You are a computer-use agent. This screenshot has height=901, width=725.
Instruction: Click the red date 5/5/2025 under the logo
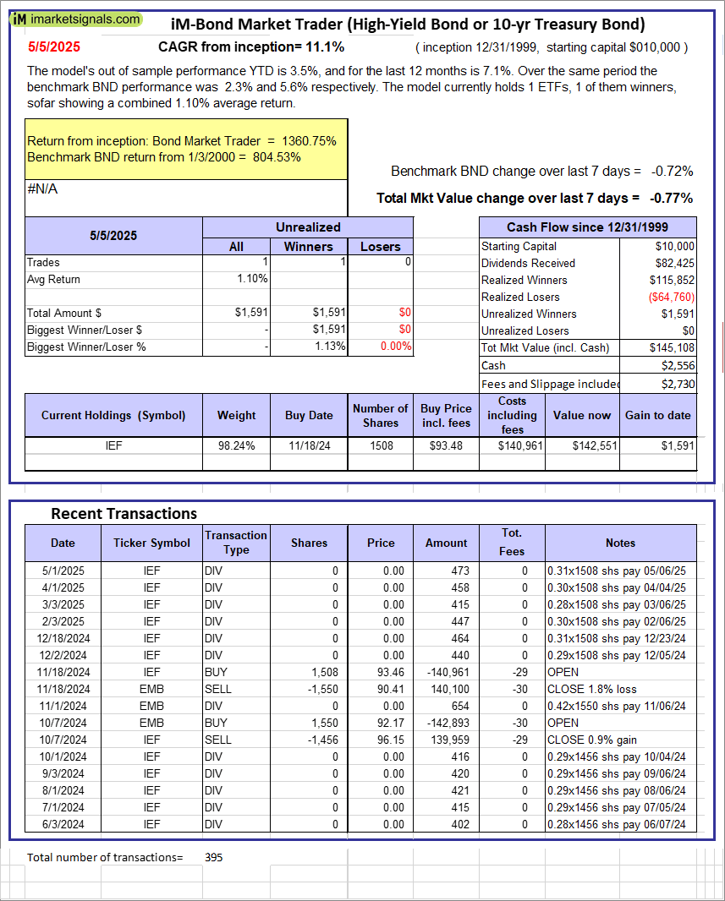[x=53, y=46]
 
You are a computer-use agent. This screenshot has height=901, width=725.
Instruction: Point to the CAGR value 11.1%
[x=326, y=46]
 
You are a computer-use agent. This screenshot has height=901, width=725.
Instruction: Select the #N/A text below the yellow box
[x=42, y=189]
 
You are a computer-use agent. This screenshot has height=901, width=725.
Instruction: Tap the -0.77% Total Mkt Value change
[x=671, y=198]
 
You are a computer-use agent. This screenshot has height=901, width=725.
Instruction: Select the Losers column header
[x=380, y=246]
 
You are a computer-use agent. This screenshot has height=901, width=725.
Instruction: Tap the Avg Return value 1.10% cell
[x=251, y=279]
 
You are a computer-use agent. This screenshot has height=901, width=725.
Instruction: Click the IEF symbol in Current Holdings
[x=113, y=445]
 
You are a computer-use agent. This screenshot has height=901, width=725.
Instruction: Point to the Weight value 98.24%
[x=236, y=445]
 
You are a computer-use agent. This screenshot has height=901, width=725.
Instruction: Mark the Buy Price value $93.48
[x=446, y=445]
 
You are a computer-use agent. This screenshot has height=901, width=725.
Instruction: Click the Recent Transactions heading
[x=124, y=513]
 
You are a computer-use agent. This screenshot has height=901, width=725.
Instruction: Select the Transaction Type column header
[x=236, y=542]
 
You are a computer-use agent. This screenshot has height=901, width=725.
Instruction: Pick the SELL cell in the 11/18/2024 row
[x=218, y=689]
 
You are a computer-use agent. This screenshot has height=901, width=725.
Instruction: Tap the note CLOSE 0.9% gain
[x=592, y=740]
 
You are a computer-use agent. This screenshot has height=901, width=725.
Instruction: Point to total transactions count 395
[x=214, y=857]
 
